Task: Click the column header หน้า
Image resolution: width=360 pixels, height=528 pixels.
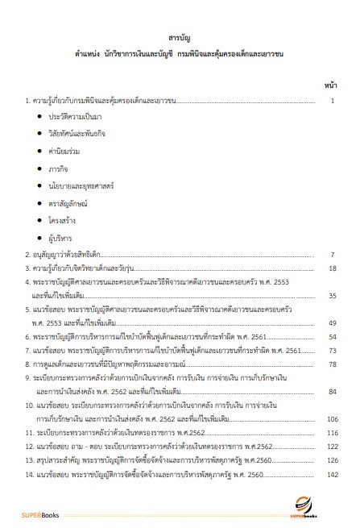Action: click(x=330, y=84)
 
